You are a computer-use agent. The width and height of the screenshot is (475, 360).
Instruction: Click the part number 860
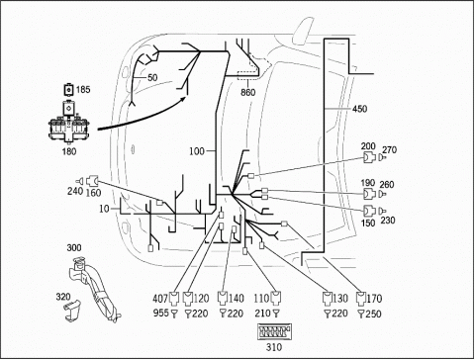[x=247, y=92]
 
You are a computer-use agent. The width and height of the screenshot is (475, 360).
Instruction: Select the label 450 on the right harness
[x=359, y=109]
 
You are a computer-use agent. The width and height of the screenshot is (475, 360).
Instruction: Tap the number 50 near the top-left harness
[x=152, y=78]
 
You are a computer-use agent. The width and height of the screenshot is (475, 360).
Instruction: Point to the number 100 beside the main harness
[x=197, y=151]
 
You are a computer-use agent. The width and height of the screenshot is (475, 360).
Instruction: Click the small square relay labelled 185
[x=68, y=89]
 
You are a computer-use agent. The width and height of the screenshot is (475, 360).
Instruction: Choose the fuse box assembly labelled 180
[x=68, y=124]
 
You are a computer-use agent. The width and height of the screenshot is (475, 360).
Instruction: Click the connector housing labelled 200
[x=369, y=158]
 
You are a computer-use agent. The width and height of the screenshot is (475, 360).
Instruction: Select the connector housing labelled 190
[x=369, y=194]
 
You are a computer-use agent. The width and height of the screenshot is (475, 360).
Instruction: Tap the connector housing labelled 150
[x=369, y=211]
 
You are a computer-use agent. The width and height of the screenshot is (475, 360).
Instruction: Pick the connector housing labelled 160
[x=92, y=181]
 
